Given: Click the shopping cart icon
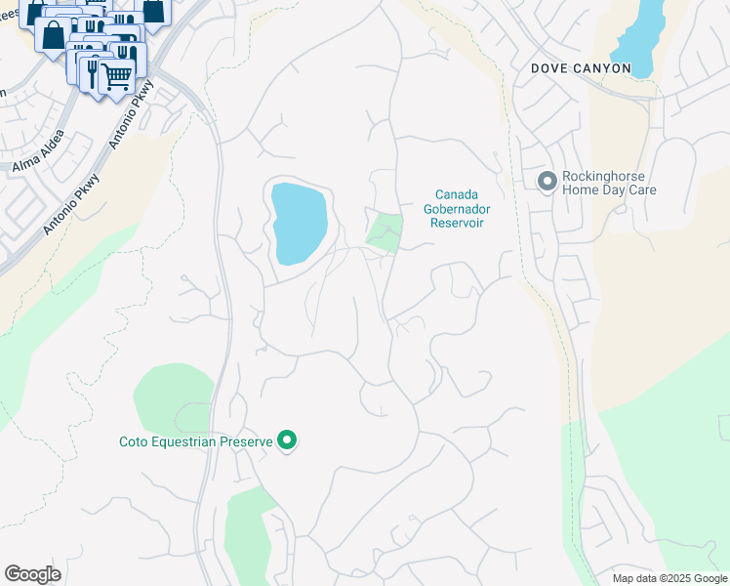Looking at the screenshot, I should pos(117,74).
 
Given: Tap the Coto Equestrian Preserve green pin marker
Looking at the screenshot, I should pos(287,441).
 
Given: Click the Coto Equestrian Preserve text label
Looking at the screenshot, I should pos(195,442).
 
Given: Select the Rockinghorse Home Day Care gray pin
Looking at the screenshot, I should pos(547,181).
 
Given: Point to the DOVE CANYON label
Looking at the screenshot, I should pos(581,69).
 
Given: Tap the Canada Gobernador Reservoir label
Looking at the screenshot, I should pos(457,208).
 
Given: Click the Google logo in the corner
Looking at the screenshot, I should pos(32,574).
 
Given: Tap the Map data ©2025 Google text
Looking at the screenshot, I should pos(669,578).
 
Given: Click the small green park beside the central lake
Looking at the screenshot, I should pos(384,232).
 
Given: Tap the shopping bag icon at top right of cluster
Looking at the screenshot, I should pos(154,10).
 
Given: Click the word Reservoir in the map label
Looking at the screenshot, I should pos(457,223).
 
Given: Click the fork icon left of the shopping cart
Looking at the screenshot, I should pos(93,71).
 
